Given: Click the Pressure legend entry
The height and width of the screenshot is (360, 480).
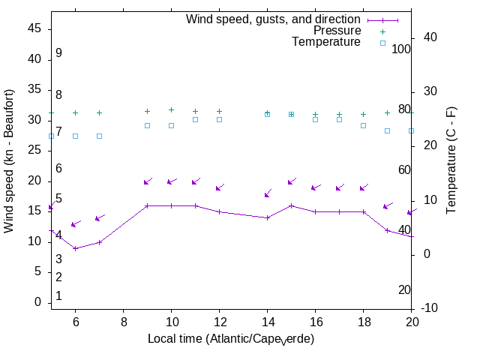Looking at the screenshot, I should click(x=337, y=31).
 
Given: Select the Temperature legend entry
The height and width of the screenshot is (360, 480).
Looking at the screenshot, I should click(x=326, y=42).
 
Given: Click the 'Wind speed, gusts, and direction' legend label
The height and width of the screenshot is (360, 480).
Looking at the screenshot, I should click(x=273, y=19).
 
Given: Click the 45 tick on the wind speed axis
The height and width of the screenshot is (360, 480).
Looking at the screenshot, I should click(x=34, y=28).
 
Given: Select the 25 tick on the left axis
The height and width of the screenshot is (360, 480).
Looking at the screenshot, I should click(x=34, y=150).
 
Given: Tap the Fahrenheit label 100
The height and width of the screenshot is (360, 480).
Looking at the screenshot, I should click(x=402, y=49).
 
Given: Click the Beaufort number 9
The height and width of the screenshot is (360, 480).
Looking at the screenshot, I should click(x=58, y=53).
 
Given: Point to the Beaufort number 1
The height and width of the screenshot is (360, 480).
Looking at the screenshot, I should click(x=58, y=296).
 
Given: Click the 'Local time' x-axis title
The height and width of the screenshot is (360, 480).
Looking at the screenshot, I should click(x=231, y=339).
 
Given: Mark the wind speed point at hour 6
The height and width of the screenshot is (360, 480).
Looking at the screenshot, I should click(x=75, y=248).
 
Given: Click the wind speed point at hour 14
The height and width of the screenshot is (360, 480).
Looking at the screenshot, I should click(x=267, y=217).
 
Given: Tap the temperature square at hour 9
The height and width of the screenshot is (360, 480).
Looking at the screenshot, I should click(x=147, y=125).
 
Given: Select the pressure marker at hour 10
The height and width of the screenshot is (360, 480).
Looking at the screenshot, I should click(x=171, y=110).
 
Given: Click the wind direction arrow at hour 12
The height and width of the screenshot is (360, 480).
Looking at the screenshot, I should click(x=219, y=187).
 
